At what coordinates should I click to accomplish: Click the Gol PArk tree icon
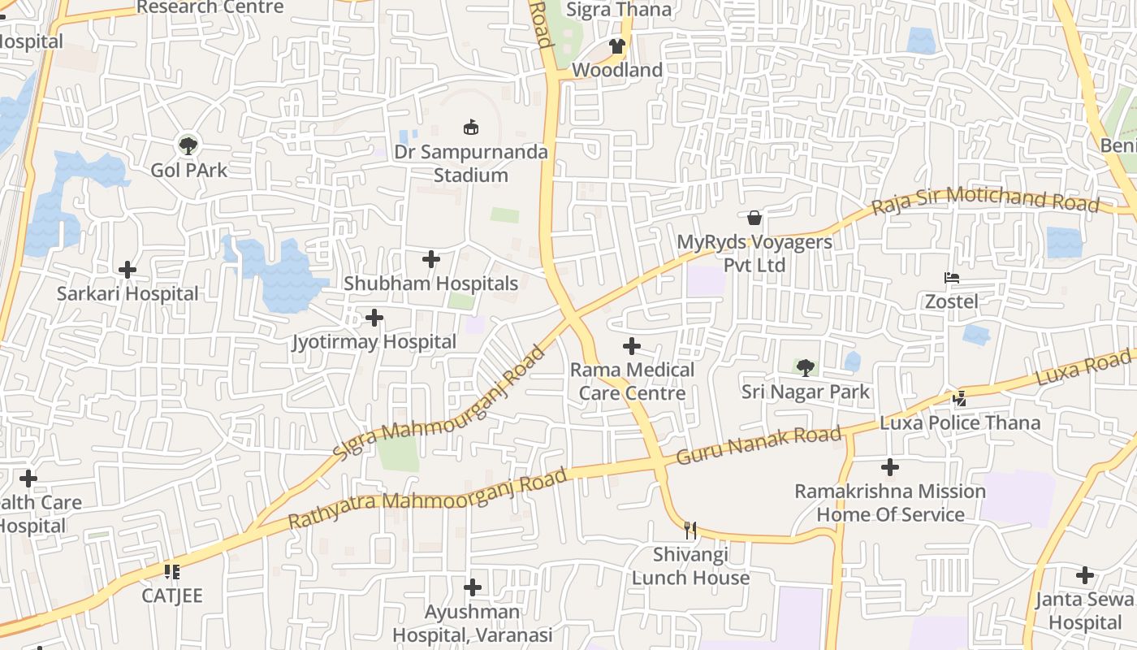(188, 146)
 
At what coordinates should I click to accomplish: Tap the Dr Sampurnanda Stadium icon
(470, 128)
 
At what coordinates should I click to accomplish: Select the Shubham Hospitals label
(430, 284)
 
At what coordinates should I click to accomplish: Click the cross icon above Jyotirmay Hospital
(374, 318)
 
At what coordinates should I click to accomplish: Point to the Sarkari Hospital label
(128, 293)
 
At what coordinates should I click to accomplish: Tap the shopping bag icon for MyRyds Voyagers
(754, 218)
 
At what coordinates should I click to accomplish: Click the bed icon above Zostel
(952, 278)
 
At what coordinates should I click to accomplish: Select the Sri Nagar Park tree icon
(805, 368)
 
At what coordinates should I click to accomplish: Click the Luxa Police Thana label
(960, 422)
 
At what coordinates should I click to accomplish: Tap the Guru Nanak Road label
(759, 445)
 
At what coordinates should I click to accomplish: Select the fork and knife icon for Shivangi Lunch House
(690, 531)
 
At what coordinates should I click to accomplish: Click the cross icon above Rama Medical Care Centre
(632, 347)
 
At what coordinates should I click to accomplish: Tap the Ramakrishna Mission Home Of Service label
(890, 503)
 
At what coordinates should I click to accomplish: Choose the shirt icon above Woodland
(617, 46)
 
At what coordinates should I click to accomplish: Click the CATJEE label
(172, 596)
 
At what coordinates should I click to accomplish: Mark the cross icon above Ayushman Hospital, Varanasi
(473, 587)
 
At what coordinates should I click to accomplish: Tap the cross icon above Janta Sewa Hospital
(1085, 576)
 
